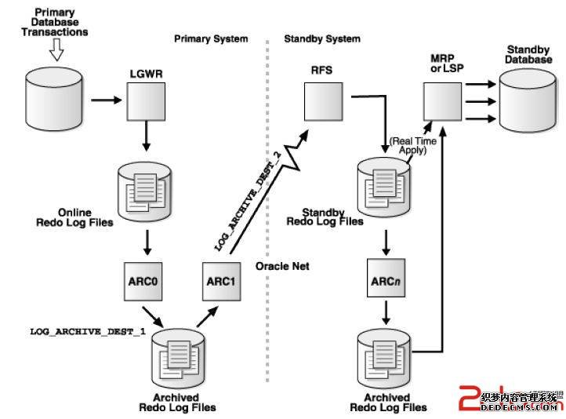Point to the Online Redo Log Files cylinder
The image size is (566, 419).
[x=146, y=186]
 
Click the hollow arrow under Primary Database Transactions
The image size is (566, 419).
[x=54, y=50]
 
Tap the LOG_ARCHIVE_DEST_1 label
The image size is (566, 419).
[x=88, y=332]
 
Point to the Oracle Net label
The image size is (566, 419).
[x=282, y=267]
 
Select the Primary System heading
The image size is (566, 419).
[x=211, y=38]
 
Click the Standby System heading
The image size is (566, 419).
[x=321, y=38]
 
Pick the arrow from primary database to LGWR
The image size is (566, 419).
[x=105, y=101]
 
